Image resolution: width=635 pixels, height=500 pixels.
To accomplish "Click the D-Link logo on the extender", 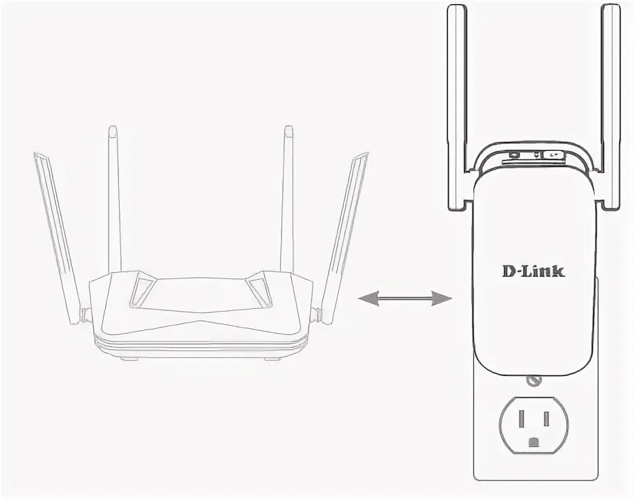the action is point(533,270).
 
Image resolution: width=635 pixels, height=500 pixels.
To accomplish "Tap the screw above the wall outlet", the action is point(533,380).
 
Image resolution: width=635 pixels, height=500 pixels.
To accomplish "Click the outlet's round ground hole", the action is point(533,442).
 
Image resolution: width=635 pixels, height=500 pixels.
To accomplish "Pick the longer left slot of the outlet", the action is point(519,418).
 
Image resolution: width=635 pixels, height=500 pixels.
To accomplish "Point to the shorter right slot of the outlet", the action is point(546,418).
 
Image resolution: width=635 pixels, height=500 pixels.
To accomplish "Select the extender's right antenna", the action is point(611,104).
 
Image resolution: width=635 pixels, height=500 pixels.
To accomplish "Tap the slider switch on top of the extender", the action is point(552,155).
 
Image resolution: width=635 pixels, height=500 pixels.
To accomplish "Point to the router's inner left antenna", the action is point(115,201).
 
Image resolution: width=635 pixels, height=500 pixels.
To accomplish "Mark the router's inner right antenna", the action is point(287,201).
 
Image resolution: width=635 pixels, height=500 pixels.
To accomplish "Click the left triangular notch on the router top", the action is point(143,289).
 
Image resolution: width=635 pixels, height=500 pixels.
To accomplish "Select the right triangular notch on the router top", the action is point(259,289).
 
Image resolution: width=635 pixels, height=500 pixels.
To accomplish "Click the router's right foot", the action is point(273,357).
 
